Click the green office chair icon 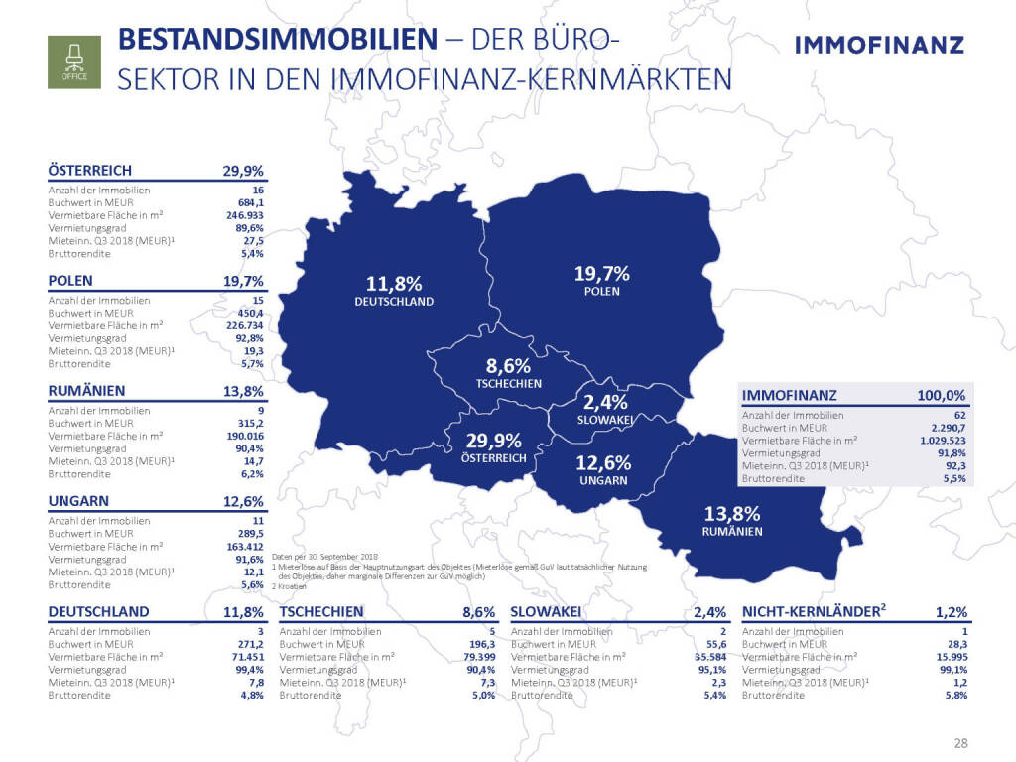74,61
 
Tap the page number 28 960,743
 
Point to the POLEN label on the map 602,292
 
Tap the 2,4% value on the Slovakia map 605,403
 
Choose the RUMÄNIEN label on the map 731,532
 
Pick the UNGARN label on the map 604,480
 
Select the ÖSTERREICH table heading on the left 90,170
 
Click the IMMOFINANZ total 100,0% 942,395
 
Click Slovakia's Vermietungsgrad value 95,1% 710,670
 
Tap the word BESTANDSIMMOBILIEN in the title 277,41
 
